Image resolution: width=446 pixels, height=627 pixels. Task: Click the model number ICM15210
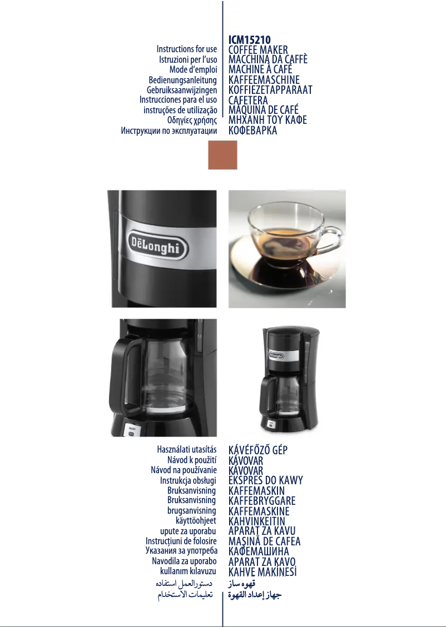click(249, 40)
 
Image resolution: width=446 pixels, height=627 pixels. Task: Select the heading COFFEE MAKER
click(258, 50)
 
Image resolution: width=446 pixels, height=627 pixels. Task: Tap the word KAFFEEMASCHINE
click(264, 80)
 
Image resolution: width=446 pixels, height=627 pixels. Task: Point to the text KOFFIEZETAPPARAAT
click(270, 90)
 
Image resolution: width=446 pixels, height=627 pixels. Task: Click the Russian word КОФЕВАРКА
click(252, 131)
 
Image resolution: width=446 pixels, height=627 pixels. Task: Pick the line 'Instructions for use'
click(187, 49)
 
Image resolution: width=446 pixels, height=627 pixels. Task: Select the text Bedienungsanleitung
click(182, 80)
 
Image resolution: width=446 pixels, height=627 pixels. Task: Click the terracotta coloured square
click(222, 154)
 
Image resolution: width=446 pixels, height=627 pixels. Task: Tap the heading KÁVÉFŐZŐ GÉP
click(258, 450)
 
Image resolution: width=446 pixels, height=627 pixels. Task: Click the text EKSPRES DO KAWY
click(266, 480)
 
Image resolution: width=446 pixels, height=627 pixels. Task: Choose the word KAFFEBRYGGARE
click(262, 501)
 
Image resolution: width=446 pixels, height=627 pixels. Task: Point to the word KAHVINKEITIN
click(257, 521)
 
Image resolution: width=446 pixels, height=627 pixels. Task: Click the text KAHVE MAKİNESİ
click(262, 572)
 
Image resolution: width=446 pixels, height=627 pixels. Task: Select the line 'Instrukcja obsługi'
click(188, 480)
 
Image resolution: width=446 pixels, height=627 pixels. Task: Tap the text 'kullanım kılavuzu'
click(188, 571)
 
